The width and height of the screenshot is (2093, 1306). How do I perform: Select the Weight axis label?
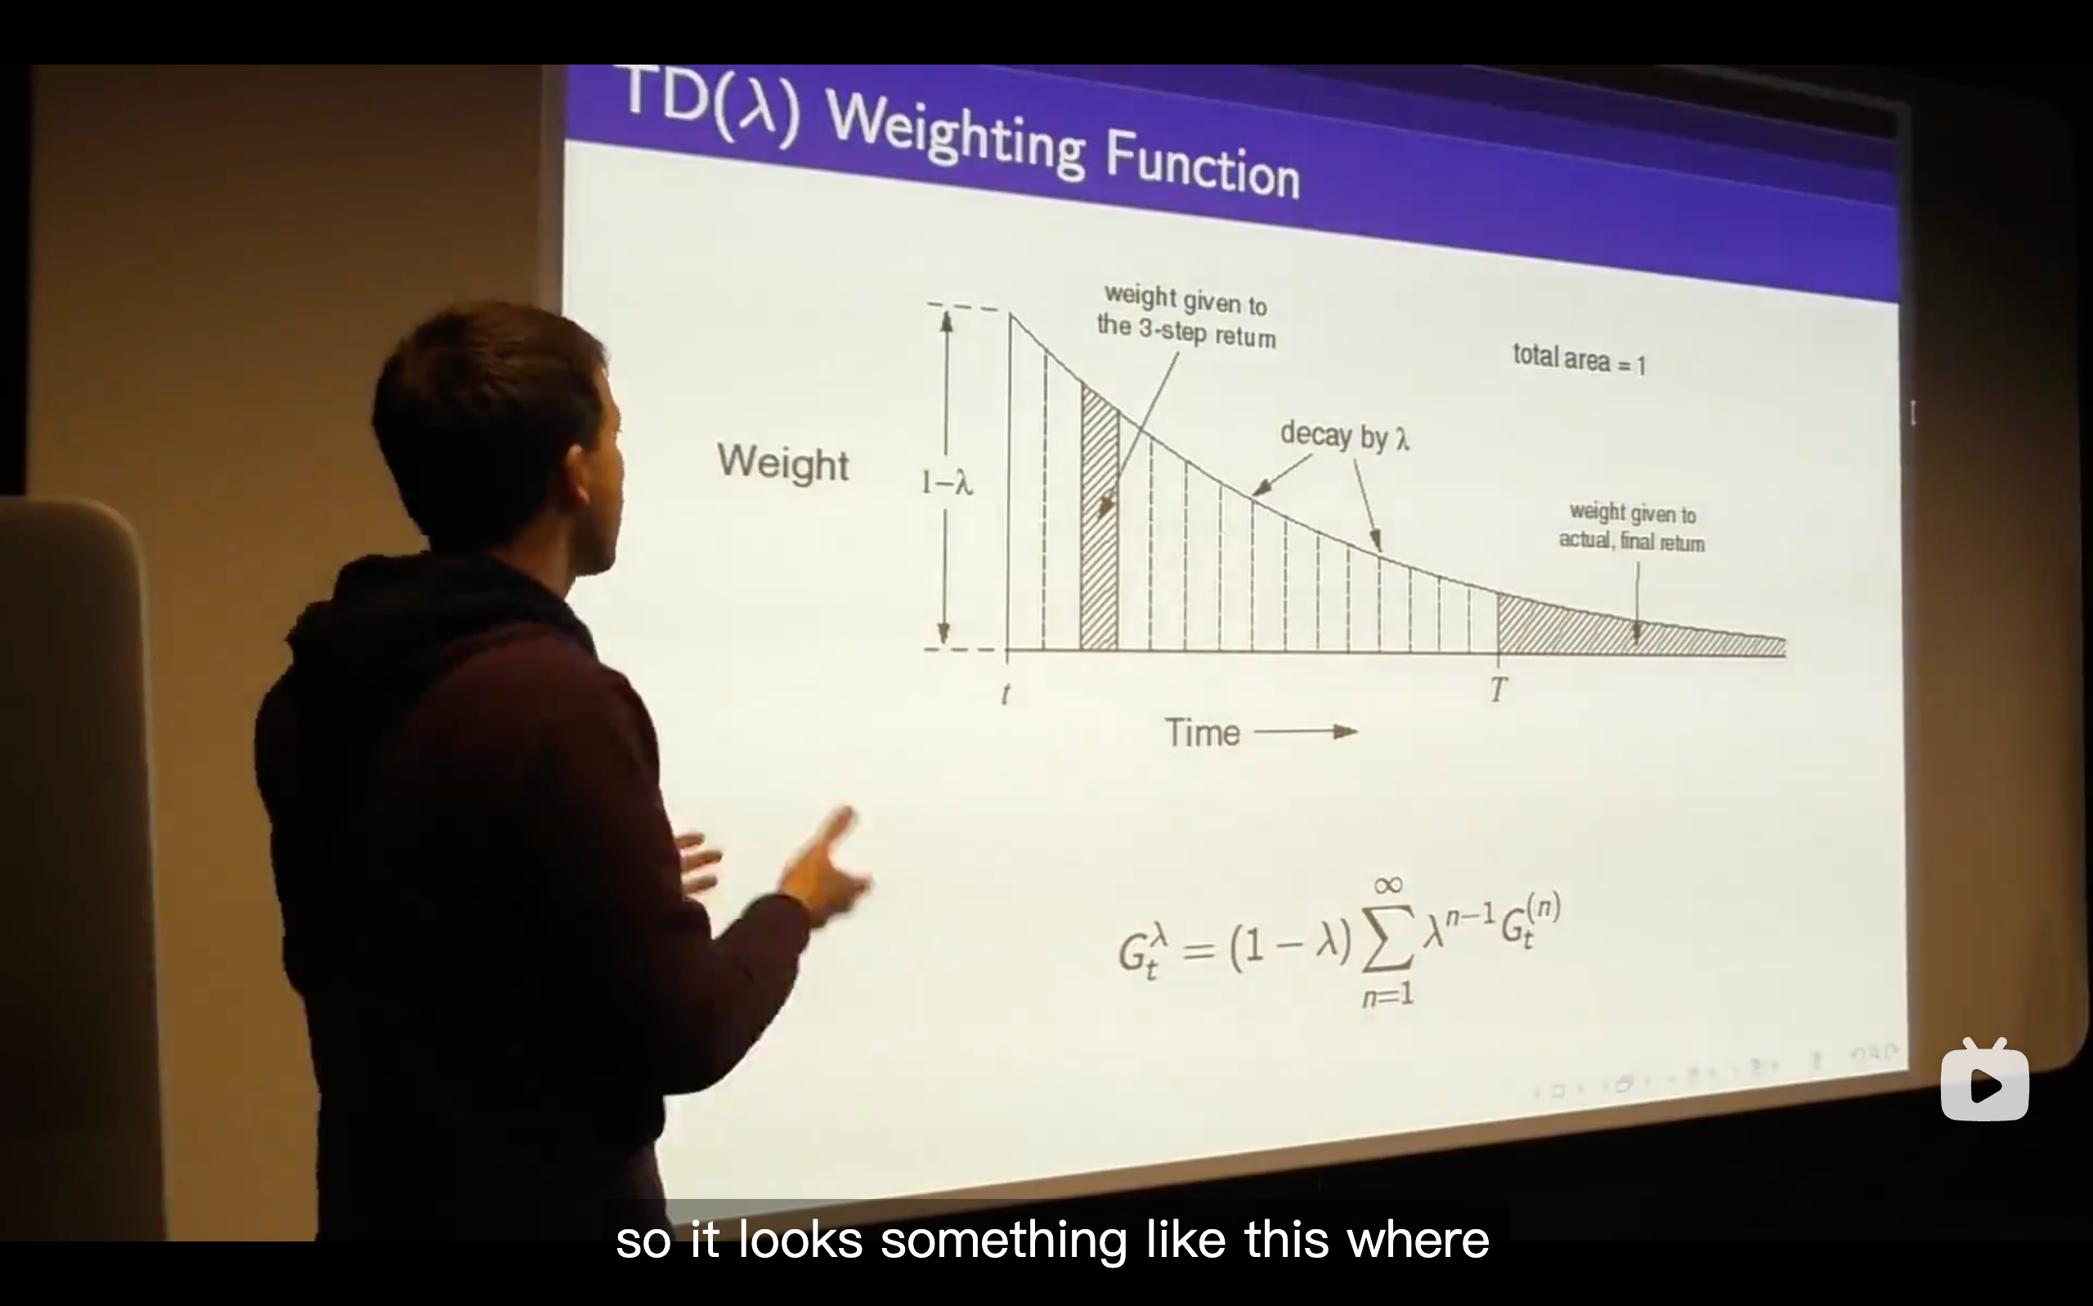coord(782,463)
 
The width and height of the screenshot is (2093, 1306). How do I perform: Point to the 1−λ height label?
coord(947,482)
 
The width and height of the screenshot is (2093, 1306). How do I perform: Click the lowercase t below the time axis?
coord(1006,695)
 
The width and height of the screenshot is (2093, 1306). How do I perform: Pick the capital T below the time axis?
coord(1499,689)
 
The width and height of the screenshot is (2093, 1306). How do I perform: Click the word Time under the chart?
coord(1203,733)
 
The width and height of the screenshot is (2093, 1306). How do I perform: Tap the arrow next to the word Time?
coord(1305,732)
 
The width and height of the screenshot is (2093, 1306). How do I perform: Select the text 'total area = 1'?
coord(1579,359)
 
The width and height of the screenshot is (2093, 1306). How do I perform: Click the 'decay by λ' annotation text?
coord(1344,436)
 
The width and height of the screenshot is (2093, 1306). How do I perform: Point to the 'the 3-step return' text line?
coord(1186,331)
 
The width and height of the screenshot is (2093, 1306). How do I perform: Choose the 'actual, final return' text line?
coord(1632,542)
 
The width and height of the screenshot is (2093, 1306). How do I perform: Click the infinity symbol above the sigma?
coord(1387,885)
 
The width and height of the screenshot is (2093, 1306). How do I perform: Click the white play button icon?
coord(1985,1081)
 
